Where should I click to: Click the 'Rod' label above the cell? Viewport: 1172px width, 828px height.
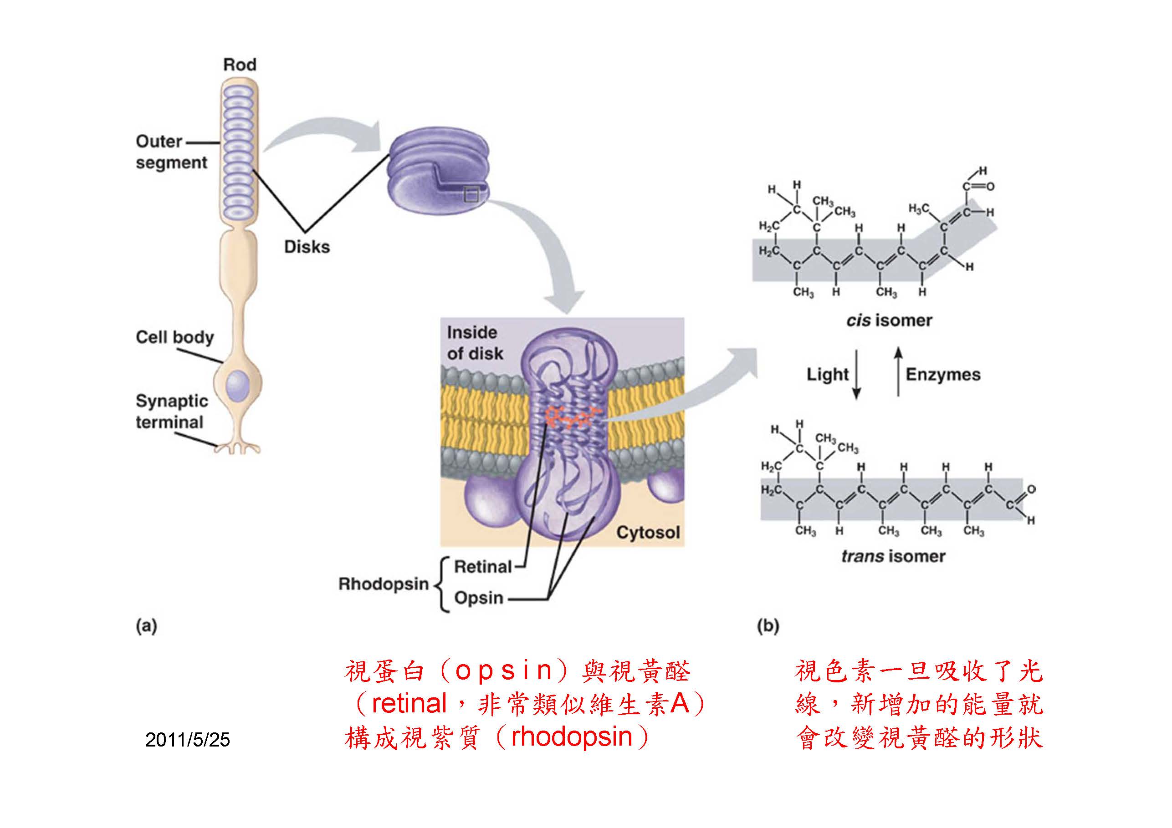coord(240,65)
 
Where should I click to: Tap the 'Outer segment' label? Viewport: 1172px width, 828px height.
coord(172,152)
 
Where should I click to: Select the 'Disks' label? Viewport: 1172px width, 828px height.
coord(307,247)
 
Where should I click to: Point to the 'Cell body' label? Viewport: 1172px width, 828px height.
coord(174,337)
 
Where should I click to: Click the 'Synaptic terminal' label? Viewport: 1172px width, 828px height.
coord(172,411)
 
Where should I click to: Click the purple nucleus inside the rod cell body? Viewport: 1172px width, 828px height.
coord(238,385)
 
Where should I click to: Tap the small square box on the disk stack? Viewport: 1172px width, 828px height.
coord(471,194)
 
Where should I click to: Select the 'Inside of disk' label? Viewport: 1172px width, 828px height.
coord(475,343)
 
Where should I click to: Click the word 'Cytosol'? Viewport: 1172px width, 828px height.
coord(648,533)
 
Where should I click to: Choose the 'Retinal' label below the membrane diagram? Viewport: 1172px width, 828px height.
coord(483,567)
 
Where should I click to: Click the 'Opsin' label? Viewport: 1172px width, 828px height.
coord(479,598)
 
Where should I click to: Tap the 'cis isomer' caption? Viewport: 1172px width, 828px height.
coord(889,320)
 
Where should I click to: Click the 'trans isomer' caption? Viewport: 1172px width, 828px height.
coord(893,556)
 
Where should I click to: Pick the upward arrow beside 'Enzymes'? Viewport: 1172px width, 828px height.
coord(898,371)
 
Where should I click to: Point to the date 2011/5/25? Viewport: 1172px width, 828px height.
coord(187,740)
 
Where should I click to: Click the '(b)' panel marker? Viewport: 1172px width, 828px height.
coord(768,626)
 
